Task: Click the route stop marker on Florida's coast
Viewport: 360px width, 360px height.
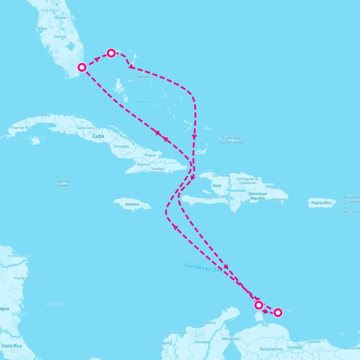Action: coord(82,67)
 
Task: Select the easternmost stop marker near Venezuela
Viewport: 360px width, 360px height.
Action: coord(278,313)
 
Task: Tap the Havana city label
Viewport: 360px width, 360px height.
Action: coord(44,115)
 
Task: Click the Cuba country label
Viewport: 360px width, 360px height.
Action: coord(98,136)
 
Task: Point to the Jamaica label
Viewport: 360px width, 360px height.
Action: coord(132,204)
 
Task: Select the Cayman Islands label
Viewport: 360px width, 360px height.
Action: coord(63,183)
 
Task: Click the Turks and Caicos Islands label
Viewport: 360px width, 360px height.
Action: coord(231,140)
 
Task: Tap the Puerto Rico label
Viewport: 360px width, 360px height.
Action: coord(321,203)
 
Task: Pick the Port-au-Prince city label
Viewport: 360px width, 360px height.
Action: coord(219,197)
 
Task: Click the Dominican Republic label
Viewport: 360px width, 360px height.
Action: coord(258,196)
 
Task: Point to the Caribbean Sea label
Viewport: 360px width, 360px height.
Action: coord(203,267)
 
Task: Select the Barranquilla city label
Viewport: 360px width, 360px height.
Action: coord(176,332)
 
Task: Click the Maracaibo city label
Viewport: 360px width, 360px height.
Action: coord(231,339)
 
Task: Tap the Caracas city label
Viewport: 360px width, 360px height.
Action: coord(313,341)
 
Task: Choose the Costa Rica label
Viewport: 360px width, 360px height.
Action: coord(11,346)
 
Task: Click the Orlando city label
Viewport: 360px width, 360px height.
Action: coord(61,18)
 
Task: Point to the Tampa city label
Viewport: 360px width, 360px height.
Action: coord(42,29)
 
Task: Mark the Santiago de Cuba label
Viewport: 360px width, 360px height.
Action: coord(158,171)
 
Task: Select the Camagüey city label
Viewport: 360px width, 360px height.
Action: coord(121,146)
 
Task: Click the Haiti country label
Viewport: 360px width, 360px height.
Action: coord(217,186)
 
